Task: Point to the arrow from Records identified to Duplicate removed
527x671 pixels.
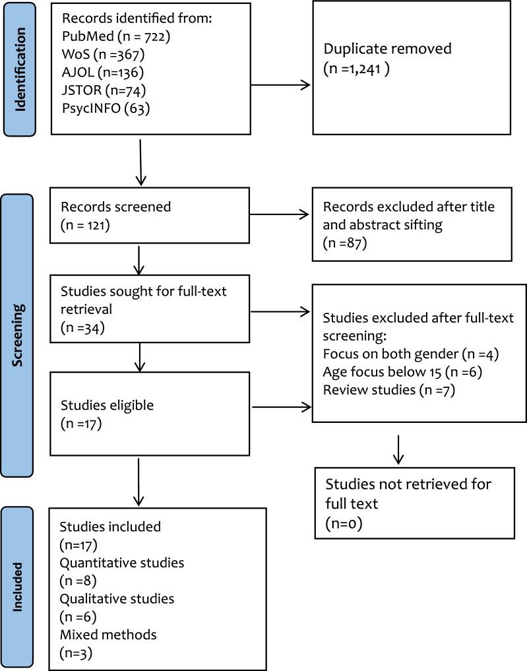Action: (281, 84)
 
